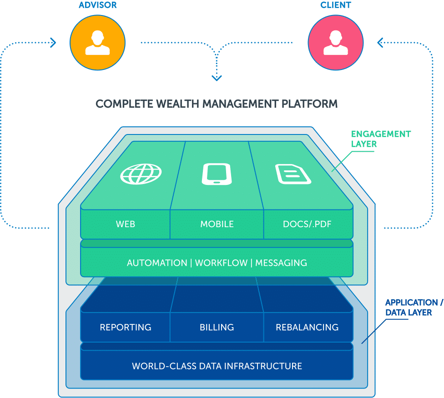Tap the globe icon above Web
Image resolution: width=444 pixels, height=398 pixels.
coord(141,173)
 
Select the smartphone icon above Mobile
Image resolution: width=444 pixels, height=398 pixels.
coord(217,173)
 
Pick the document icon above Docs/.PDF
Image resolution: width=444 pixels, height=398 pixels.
coord(293,173)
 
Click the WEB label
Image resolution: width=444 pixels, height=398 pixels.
coord(126,224)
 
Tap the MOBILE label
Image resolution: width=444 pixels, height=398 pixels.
coord(217,224)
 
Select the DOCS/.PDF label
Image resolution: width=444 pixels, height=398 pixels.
coord(308,224)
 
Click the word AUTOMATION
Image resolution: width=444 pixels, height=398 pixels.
coord(157,263)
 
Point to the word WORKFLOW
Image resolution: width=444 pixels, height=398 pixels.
coord(222,263)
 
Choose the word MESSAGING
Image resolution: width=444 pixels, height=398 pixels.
coord(281,263)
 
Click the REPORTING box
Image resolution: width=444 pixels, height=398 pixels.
coord(126,327)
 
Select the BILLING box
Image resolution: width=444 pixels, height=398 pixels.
coord(217,327)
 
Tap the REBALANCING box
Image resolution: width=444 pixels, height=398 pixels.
coord(308,327)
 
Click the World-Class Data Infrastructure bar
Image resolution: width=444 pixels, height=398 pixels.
coord(217,366)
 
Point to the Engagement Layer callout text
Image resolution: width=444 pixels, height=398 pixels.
coord(381,139)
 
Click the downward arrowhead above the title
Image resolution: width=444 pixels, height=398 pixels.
coord(217,78)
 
